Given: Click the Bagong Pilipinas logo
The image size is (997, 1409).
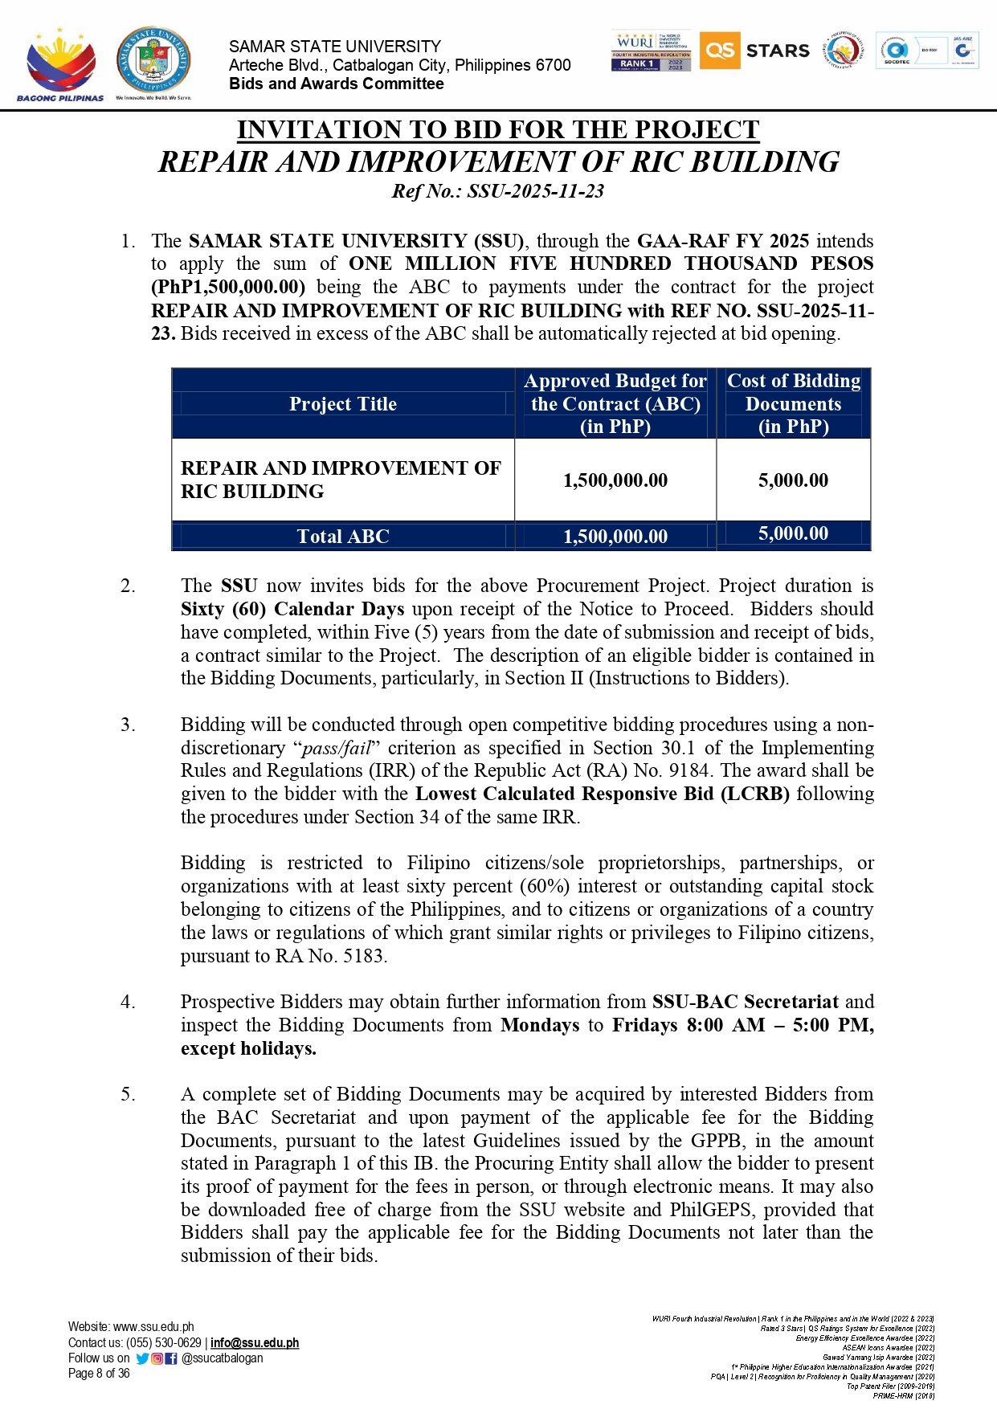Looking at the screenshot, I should pos(60,64).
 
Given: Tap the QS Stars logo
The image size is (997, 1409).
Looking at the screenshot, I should pos(754,51).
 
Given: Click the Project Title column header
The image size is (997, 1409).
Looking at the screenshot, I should pos(343,404).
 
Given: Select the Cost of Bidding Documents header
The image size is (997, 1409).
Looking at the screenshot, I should pos(793,403).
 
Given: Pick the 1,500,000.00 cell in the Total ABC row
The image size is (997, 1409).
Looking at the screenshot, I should pos(615,537).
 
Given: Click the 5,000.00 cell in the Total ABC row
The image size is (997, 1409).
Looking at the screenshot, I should pos(793,534).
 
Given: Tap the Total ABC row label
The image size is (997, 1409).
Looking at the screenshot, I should pos(343,537).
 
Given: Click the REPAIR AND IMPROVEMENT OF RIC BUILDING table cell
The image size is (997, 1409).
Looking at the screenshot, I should pos(341,480).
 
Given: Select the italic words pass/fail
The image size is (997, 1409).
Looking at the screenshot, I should pos(336,749).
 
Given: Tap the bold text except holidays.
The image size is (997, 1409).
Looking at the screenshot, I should pos(248,1048).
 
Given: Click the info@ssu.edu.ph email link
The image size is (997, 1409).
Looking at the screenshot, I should pos(255,1342).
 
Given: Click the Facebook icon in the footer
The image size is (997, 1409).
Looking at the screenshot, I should pos(171,1358).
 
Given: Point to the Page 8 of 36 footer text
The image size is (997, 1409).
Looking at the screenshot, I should pos(99,1373).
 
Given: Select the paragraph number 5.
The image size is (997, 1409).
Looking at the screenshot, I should pos(128,1094).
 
